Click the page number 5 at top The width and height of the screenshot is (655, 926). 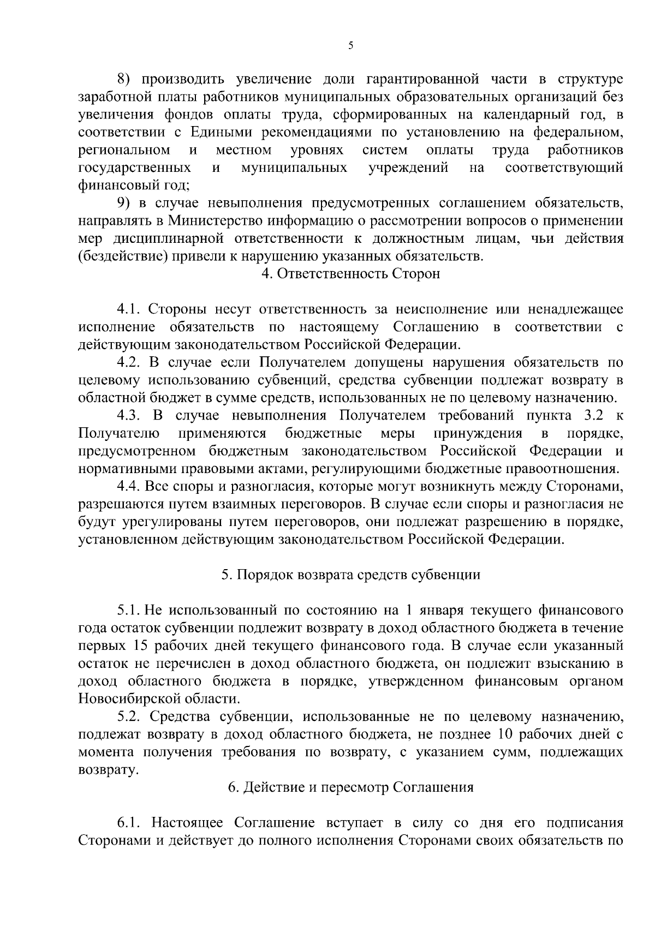[350, 46]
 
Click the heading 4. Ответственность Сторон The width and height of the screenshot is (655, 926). [350, 274]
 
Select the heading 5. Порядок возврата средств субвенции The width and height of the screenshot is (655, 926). [350, 575]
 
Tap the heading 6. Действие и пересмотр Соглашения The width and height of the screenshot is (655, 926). [350, 787]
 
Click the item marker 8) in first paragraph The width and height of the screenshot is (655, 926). [126, 79]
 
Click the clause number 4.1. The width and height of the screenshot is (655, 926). [129, 309]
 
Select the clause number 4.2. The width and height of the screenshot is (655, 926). [129, 362]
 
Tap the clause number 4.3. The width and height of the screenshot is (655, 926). [130, 416]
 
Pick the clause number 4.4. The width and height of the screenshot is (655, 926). [130, 486]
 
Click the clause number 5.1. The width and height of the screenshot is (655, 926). [129, 610]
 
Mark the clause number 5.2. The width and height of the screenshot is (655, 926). [129, 716]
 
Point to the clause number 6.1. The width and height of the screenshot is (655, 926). [129, 823]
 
